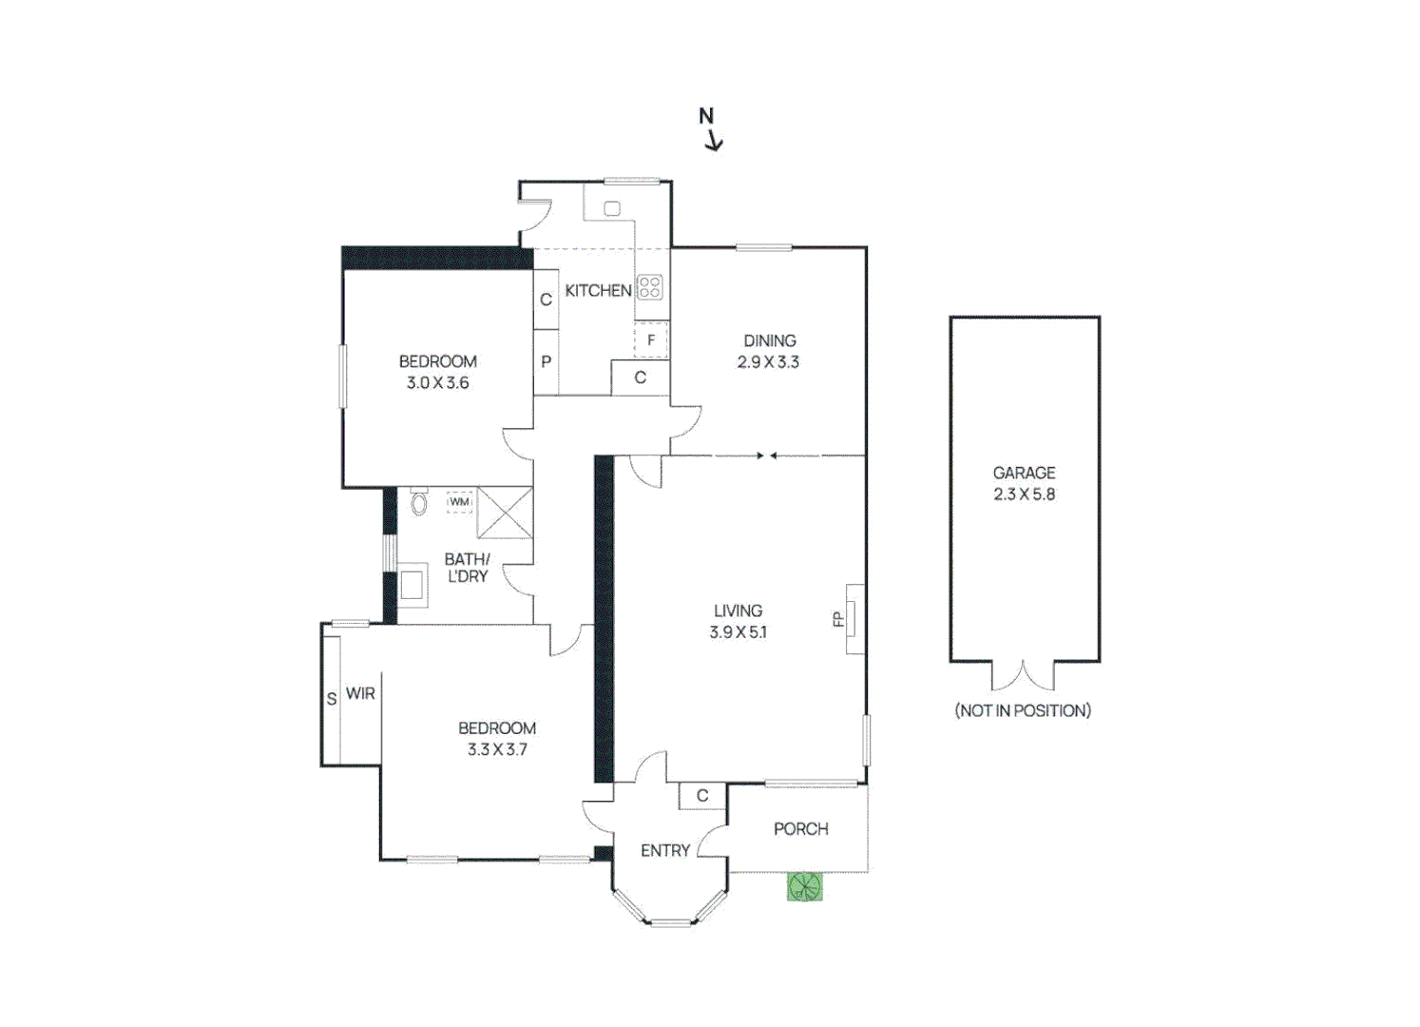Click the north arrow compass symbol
pos(710,129)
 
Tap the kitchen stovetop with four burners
pos(649,286)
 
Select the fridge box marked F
pos(651,339)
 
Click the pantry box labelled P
pos(546,361)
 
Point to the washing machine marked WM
pos(460,501)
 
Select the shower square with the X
pos(505,513)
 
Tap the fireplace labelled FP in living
pos(854,619)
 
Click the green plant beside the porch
pos(804,886)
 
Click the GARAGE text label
pos(1024,473)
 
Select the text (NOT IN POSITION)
pos(1023,710)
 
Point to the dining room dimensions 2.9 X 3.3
pos(768,362)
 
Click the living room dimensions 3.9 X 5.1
pos(738,631)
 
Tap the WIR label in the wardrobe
pos(360,693)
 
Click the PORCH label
pos(800,828)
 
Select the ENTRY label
pos(664,850)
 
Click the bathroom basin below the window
pos(412,585)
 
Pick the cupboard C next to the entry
pos(702,796)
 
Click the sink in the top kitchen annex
pos(612,208)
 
